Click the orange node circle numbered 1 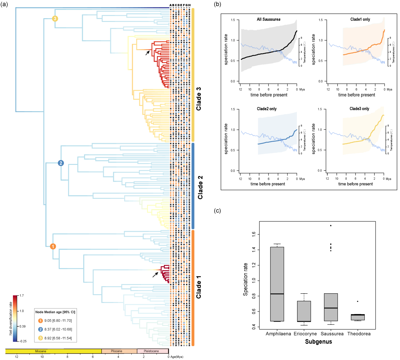tap(53, 246)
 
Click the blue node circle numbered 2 tap(61, 163)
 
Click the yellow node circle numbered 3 tap(55, 19)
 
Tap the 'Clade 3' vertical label tap(199, 99)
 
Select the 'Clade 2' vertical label tap(200, 187)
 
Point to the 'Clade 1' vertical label tap(199, 287)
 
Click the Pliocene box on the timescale tap(119, 351)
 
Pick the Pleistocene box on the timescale tap(153, 351)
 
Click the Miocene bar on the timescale tap(53, 351)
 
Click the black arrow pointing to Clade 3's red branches tap(148, 53)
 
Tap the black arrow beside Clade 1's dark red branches tap(155, 274)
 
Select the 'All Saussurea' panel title tap(268, 19)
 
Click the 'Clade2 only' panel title tap(267, 109)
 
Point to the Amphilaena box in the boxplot tap(277, 284)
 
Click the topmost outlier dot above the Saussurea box tap(331, 225)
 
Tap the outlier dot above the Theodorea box tap(357, 301)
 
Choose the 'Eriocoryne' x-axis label tap(305, 334)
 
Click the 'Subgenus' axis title tap(318, 342)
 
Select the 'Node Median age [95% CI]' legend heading tap(55, 312)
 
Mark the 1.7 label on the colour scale tap(22, 295)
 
